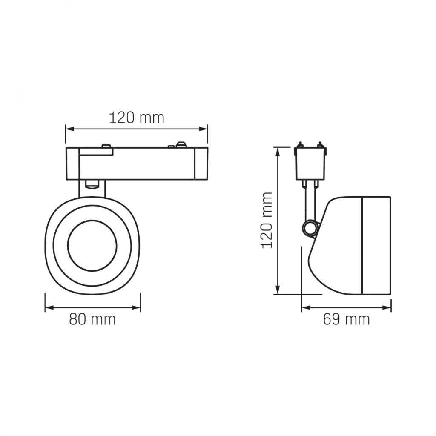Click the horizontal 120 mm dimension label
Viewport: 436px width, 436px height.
(137, 118)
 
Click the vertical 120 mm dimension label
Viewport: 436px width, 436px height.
(267, 220)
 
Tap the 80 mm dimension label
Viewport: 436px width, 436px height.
(92, 319)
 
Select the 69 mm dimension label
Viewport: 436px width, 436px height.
(347, 319)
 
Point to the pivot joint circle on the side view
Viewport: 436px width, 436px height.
(310, 229)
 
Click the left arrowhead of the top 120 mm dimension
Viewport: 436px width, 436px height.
(69, 129)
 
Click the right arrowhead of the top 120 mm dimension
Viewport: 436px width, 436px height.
(204, 129)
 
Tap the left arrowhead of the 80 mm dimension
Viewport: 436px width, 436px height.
(49, 307)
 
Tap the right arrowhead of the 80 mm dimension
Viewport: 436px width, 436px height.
(136, 307)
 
